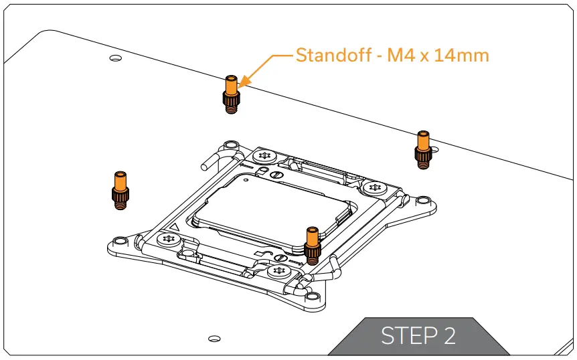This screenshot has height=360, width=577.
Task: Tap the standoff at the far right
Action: [x=423, y=149]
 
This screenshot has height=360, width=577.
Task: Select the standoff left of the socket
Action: [x=120, y=190]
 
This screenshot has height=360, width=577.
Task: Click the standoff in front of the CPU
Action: [x=312, y=245]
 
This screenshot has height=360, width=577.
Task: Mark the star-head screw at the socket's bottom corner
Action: [x=279, y=272]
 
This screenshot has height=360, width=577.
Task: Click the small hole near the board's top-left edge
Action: [x=115, y=60]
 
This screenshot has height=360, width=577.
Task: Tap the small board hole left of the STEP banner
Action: [x=214, y=337]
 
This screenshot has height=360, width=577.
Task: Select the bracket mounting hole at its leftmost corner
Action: [x=118, y=242]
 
